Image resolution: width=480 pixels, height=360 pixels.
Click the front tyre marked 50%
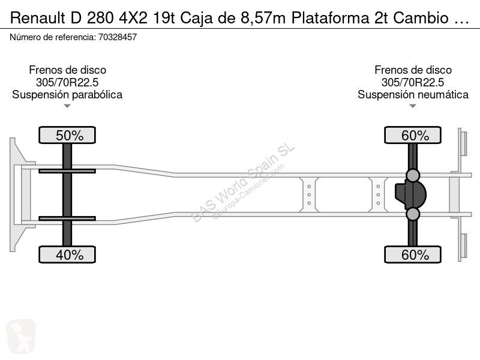click(67, 135)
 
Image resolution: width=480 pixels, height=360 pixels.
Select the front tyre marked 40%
click(67, 254)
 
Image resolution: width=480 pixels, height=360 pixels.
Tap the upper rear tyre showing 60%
click(413, 135)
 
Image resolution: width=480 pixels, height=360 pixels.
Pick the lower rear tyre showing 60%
click(413, 254)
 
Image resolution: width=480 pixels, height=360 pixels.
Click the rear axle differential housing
click(411, 194)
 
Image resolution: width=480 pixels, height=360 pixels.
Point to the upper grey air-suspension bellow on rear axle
click(413, 175)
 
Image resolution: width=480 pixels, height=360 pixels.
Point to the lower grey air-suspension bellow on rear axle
click(413, 214)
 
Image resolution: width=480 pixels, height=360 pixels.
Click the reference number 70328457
click(118, 37)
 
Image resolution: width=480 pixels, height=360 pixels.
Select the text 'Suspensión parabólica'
click(67, 95)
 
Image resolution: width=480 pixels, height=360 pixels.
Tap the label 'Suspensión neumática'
click(413, 95)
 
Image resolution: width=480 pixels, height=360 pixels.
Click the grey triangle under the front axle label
click(67, 106)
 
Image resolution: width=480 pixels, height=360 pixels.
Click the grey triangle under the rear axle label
click(413, 106)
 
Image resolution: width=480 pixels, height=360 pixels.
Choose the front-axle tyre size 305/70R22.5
click(67, 82)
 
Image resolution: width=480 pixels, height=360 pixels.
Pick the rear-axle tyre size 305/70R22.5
click(413, 82)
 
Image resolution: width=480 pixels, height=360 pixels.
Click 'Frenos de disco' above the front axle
click(67, 70)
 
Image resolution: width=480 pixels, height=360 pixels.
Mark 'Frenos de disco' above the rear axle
click(413, 70)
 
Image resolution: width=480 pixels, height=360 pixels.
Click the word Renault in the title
click(38, 18)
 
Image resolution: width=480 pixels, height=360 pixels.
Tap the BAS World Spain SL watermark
click(242, 183)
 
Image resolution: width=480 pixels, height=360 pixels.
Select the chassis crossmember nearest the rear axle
click(378, 194)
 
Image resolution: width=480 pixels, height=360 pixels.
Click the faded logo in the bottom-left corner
click(21, 337)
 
